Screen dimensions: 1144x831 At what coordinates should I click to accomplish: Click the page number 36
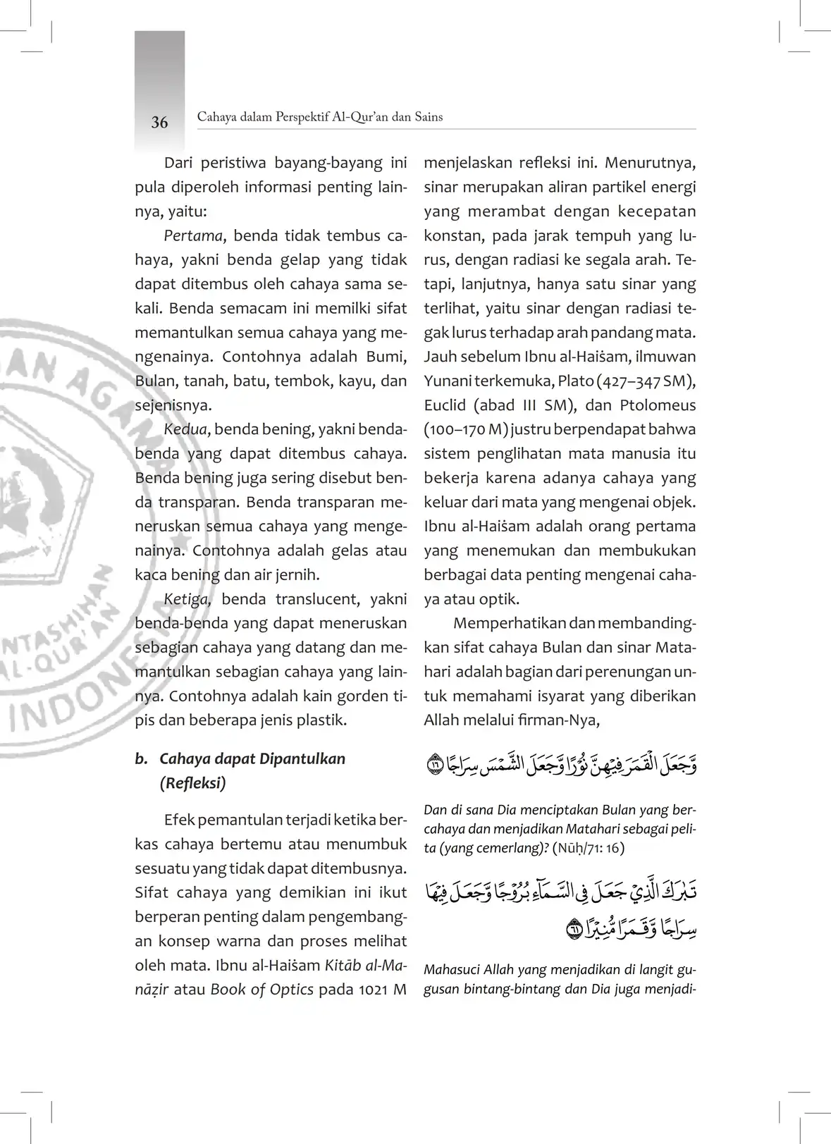click(x=159, y=123)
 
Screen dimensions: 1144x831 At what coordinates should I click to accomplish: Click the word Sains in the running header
click(x=429, y=117)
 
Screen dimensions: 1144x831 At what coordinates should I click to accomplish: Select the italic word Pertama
click(x=193, y=235)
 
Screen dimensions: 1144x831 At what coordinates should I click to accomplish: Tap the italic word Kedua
click(x=185, y=429)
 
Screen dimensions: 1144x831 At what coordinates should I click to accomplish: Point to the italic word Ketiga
click(x=187, y=599)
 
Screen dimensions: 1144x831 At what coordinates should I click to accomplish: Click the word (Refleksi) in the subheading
click(x=192, y=783)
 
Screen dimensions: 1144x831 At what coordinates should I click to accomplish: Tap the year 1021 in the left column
click(x=373, y=990)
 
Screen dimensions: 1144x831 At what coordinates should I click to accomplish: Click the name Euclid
click(x=445, y=405)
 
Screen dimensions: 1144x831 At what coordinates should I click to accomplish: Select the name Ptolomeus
click(x=658, y=405)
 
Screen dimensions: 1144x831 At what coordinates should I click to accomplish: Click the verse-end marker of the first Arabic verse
click(x=434, y=764)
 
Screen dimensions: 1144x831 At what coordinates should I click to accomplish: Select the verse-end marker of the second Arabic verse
click(x=574, y=930)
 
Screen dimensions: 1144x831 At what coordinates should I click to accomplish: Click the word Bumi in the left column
click(x=386, y=357)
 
